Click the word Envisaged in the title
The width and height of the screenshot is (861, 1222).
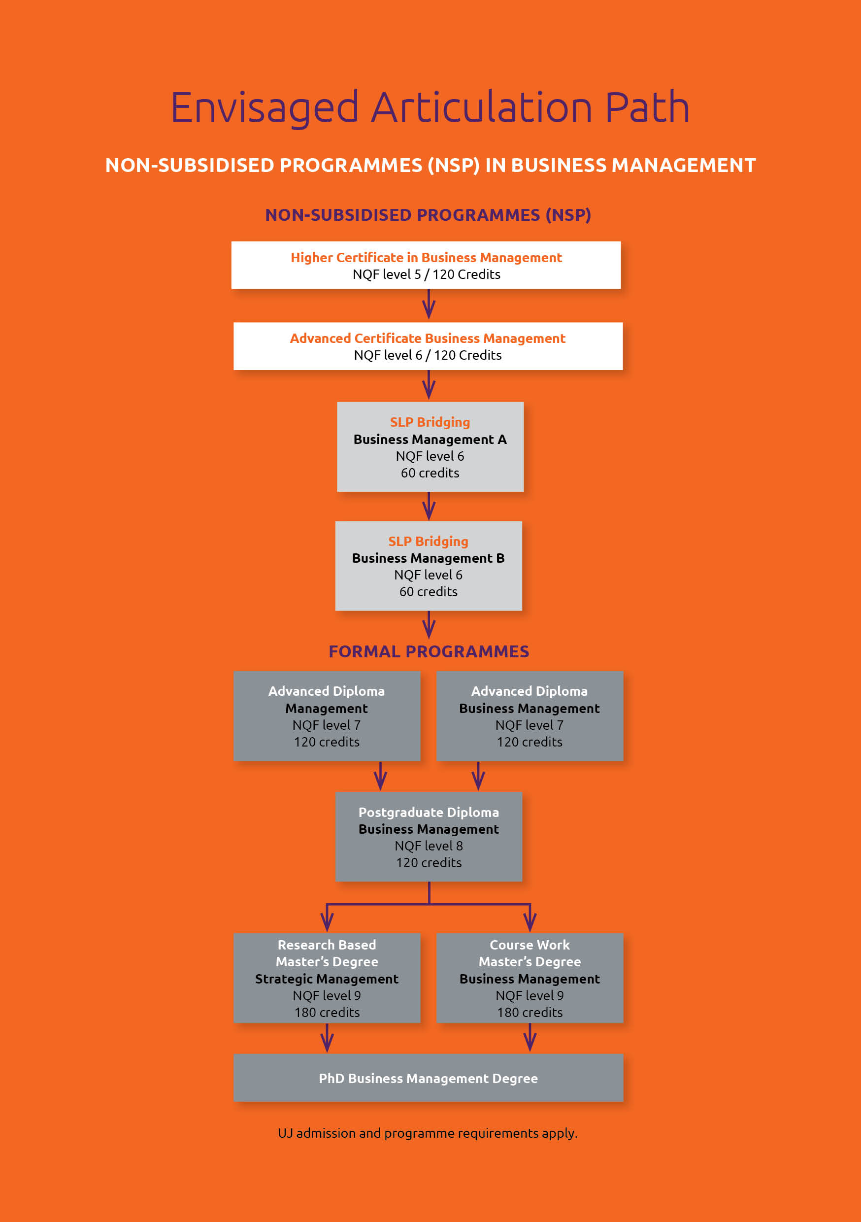tap(265, 108)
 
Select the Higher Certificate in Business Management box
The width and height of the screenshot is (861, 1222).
tap(426, 265)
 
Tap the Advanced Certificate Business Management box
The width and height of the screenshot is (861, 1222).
tap(428, 346)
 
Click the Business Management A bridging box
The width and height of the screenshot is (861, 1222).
tap(430, 446)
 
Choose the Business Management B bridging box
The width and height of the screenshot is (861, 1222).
tap(429, 566)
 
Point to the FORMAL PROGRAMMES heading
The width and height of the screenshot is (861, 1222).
tap(429, 651)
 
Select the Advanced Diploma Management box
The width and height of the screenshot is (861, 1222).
tap(327, 716)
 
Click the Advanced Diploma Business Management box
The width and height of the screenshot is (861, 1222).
tap(530, 716)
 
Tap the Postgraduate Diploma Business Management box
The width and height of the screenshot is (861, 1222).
tap(429, 837)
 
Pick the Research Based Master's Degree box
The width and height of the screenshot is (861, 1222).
tap(327, 978)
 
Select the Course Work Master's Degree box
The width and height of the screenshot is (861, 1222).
tap(530, 978)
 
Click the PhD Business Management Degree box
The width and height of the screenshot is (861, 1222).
tap(429, 1078)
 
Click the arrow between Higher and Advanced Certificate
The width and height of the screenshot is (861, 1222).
tap(429, 304)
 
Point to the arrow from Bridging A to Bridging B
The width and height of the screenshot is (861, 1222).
tap(429, 506)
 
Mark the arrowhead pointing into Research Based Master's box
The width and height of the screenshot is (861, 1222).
tap(327, 923)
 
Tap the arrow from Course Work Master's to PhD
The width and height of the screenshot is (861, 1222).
tap(530, 1038)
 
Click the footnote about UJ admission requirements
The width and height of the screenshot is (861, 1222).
tap(428, 1133)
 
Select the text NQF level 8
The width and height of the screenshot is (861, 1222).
tap(429, 846)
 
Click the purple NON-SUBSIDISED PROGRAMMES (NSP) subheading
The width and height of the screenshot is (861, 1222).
tap(428, 215)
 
